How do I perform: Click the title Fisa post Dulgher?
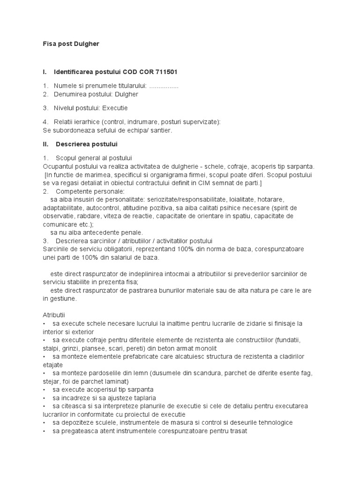71,44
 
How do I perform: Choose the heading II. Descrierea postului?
80,143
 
